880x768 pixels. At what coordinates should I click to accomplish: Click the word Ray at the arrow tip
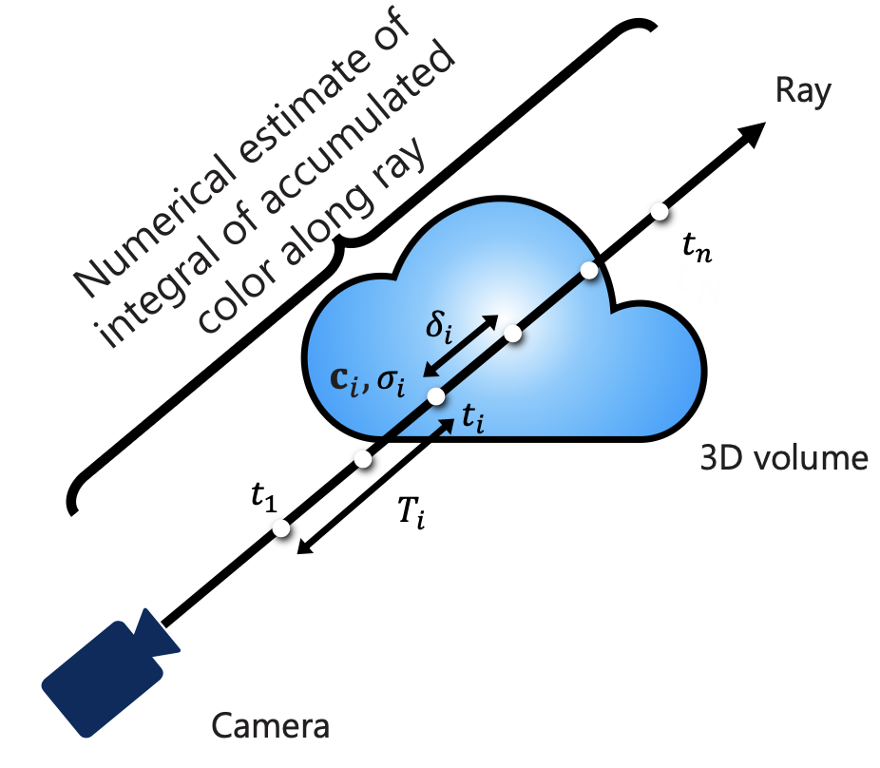coord(804,92)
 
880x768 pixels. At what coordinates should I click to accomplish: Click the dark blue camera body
coord(99,676)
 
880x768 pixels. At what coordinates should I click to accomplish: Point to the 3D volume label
coord(783,459)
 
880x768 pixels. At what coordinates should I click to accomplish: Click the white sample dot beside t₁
coord(281,528)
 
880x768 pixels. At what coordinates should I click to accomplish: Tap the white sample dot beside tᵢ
coord(436,397)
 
